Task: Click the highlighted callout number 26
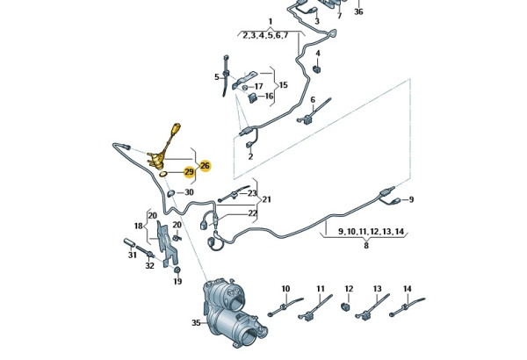pos(205,165)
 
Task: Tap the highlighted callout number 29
pos(189,172)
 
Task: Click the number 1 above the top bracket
pos(271,21)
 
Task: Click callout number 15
pos(283,85)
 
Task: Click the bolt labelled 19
pos(177,269)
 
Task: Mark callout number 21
pos(266,199)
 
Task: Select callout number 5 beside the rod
pos(216,77)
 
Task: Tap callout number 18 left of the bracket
pos(138,226)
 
